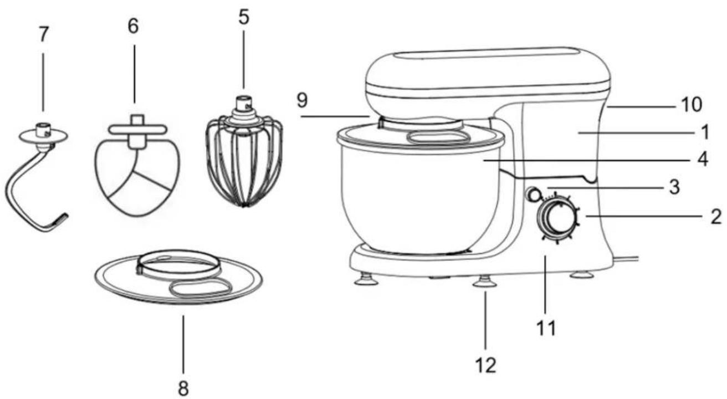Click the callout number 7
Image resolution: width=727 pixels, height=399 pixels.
(43, 35)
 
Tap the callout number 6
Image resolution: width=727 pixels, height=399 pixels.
(133, 26)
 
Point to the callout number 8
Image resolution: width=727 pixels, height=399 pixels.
(183, 387)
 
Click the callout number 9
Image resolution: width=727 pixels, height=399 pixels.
(302, 100)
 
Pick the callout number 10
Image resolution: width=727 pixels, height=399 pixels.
(692, 105)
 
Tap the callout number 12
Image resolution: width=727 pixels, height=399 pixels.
(486, 365)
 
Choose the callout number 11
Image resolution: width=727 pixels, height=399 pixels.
(546, 328)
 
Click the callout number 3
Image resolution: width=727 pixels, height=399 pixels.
(674, 187)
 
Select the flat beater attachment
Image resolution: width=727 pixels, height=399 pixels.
(137, 166)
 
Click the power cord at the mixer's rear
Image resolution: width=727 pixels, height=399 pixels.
(625, 259)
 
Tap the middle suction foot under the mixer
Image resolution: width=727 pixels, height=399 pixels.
(485, 282)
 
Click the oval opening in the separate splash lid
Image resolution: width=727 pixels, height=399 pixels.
(201, 287)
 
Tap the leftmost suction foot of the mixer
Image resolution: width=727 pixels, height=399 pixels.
(366, 279)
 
